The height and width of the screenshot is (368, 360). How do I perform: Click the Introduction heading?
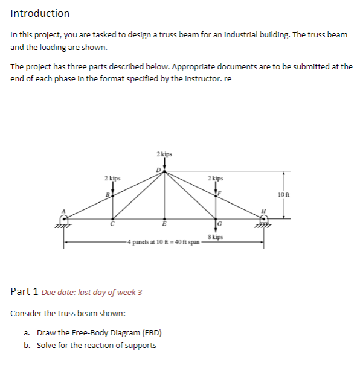click(40, 13)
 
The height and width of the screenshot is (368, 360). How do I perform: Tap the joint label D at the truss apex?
click(159, 170)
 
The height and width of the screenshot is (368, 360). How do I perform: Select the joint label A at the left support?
click(63, 211)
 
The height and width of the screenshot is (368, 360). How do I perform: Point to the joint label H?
click(263, 211)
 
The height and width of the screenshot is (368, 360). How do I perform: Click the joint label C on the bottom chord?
click(112, 224)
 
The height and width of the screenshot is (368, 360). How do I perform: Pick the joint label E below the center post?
click(164, 224)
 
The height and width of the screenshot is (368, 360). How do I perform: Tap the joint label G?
click(219, 224)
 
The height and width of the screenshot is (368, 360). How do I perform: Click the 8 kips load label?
click(216, 237)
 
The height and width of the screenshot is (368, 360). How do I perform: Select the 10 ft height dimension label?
click(284, 195)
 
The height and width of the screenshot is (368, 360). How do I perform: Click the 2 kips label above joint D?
click(164, 154)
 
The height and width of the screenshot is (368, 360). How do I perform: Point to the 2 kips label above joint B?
click(112, 179)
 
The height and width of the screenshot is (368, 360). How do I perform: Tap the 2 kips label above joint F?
click(216, 179)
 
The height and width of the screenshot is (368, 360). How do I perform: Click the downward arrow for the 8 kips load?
click(216, 226)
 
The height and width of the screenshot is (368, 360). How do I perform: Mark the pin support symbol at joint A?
click(63, 222)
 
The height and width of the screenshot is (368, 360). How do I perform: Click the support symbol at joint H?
click(263, 222)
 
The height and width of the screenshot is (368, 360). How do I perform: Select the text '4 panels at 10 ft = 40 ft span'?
click(164, 242)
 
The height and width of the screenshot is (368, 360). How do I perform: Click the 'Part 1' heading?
click(24, 292)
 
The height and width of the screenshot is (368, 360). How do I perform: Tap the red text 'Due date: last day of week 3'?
click(92, 293)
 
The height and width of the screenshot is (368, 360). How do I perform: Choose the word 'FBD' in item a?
click(152, 333)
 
